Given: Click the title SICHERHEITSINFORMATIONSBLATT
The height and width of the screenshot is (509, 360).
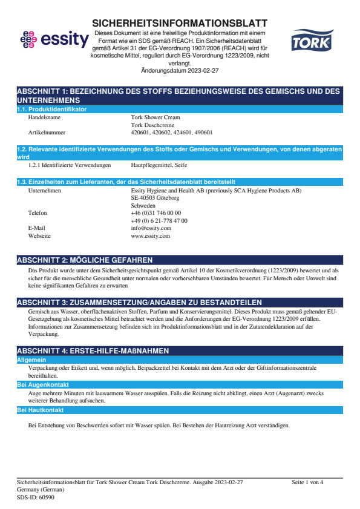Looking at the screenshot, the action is coord(180,23).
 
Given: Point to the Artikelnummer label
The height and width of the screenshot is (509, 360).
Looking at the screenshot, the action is coord(47,131).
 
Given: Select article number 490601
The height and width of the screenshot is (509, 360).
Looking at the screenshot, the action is coord(203,131).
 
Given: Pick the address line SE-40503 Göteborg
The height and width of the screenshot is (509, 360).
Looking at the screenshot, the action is coord(155,197).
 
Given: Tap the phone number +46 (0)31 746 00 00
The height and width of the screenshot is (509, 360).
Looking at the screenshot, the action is coord(155,213).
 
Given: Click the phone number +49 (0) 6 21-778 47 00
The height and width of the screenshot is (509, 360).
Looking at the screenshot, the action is coord(159,221).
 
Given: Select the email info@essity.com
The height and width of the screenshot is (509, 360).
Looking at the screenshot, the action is coord(151,228).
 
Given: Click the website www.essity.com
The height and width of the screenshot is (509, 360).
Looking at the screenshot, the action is coord(150,236).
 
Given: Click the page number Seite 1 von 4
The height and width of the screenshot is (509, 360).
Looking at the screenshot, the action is coord(307,482).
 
